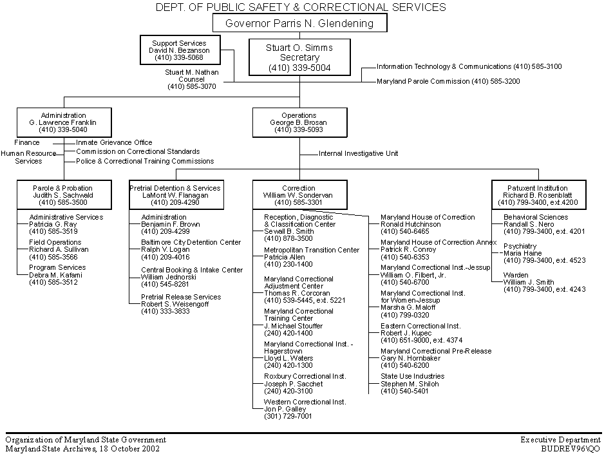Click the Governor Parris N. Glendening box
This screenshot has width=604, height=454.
pyautogui.click(x=300, y=24)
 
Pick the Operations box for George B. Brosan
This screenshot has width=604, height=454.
pyautogui.click(x=299, y=122)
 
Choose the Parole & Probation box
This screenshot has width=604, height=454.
pyautogui.click(x=63, y=194)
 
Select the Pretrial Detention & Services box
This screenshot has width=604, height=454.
pyautogui.click(x=175, y=194)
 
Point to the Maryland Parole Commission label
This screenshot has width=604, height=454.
pyautogui.click(x=448, y=82)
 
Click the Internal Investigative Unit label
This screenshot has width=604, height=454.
pyautogui.click(x=358, y=154)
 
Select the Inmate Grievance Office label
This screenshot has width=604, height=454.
pyautogui.click(x=114, y=142)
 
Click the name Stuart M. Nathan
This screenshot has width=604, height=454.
pyautogui.click(x=192, y=73)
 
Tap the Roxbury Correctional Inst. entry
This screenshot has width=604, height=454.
pyautogui.click(x=305, y=376)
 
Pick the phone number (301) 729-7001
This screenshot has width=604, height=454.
pyautogui.click(x=288, y=416)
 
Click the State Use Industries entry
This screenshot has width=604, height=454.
pyautogui.click(x=412, y=376)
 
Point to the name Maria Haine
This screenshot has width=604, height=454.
pyautogui.click(x=524, y=253)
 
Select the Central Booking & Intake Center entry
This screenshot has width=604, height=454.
pyautogui.click(x=192, y=270)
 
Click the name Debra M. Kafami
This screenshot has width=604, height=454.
pyautogui.click(x=56, y=275)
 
